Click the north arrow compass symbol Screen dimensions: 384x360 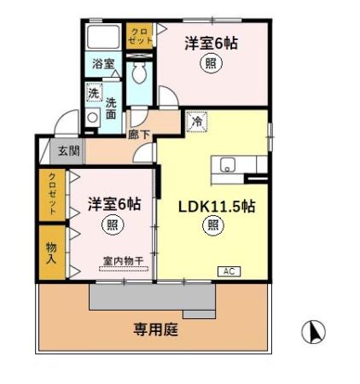click(315, 331)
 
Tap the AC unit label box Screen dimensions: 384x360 click(228, 271)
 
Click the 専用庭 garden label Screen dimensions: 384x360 click(155, 329)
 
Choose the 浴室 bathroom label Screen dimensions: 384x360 click(102, 62)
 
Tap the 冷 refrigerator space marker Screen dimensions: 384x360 click(195, 122)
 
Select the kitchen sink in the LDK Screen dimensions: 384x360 click(229, 165)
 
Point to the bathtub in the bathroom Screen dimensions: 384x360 click(105, 36)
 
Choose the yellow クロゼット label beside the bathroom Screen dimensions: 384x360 click(137, 36)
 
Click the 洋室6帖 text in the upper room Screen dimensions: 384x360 click(210, 44)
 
